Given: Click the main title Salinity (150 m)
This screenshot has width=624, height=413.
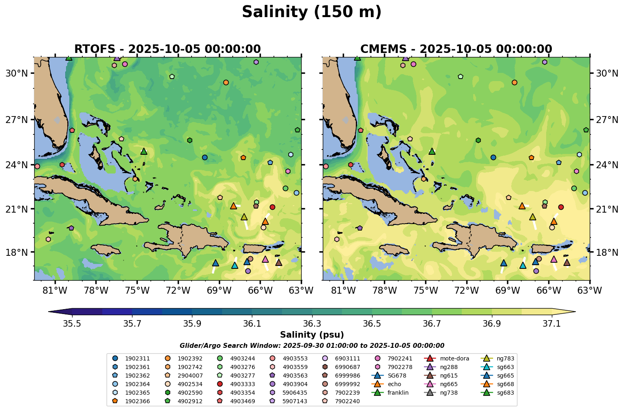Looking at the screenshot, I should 311,12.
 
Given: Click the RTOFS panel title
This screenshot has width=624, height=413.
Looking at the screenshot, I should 167,49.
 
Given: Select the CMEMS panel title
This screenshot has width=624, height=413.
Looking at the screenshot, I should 456,49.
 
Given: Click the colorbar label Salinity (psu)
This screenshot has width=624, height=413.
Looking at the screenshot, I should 312,335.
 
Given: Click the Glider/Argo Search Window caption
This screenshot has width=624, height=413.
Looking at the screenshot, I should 312,346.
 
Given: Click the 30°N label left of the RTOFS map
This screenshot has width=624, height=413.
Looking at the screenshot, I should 17,73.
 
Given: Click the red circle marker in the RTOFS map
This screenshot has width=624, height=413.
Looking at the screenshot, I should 272,207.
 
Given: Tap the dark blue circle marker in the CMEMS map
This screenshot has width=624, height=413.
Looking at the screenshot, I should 493,157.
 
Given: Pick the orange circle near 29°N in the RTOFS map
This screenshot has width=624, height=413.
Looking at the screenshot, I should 226,82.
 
